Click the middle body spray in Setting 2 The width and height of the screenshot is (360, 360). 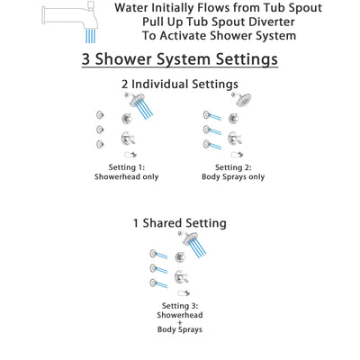[x=208, y=130]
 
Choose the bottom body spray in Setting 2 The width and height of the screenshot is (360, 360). [x=208, y=144]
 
